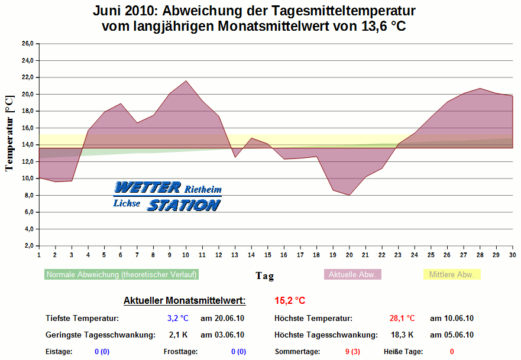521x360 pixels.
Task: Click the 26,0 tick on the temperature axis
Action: click(x=27, y=44)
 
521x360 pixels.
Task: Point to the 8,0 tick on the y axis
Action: click(x=28, y=196)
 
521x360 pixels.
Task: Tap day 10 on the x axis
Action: click(x=186, y=255)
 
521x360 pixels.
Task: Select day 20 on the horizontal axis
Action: click(x=349, y=255)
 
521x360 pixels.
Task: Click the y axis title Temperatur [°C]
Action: click(x=9, y=133)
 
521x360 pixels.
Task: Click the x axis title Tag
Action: click(x=264, y=275)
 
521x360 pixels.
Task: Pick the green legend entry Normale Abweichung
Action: click(x=121, y=274)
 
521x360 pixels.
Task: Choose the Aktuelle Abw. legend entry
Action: click(x=352, y=274)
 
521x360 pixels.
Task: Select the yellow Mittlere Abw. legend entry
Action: click(x=452, y=274)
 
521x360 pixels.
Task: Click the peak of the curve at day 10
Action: click(x=186, y=81)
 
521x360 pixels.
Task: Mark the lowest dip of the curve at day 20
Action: click(x=349, y=195)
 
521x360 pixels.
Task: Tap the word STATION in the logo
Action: click(x=184, y=205)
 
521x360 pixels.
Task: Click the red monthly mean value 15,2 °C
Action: click(x=290, y=301)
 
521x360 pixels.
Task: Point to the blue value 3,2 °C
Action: click(x=177, y=319)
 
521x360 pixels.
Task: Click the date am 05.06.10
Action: click(x=452, y=335)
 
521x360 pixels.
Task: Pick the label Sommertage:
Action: click(x=297, y=352)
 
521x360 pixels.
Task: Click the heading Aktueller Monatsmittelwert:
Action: click(x=185, y=301)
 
